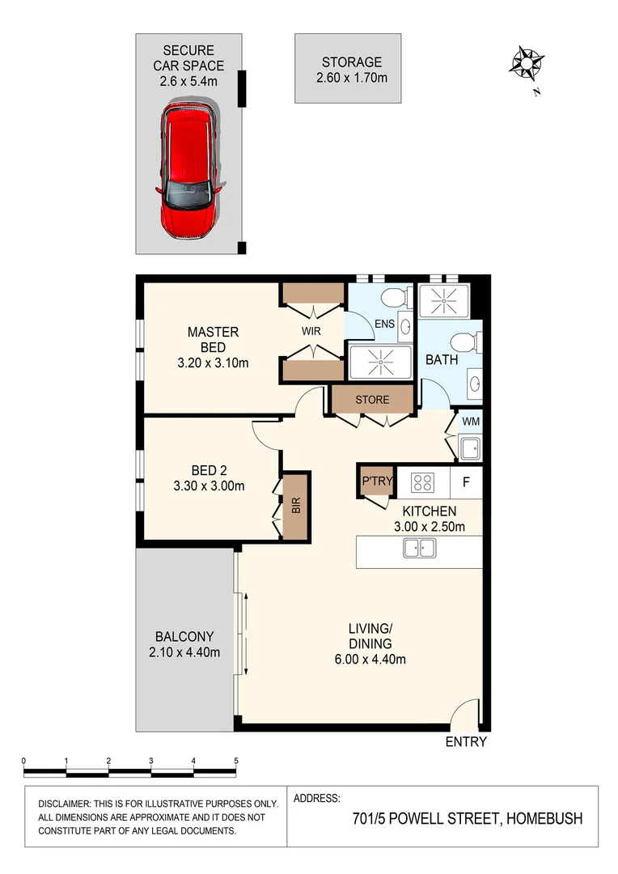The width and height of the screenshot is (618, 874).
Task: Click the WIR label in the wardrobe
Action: coord(312,331)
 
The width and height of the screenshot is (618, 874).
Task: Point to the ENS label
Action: coord(385,325)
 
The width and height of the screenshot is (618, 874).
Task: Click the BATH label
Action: coord(442,359)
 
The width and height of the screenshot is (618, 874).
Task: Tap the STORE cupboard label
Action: coord(372,400)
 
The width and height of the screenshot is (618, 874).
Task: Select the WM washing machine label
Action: coord(470,422)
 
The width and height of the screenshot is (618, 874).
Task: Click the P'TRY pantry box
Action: coord(376,482)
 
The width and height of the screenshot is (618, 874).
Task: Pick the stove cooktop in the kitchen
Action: coord(422,482)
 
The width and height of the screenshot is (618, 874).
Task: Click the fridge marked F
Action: coord(466,482)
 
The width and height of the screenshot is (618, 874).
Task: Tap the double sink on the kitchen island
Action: coord(419,549)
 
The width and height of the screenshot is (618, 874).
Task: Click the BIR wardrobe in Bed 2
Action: coord(296,507)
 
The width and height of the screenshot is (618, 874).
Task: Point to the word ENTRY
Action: coord(467,741)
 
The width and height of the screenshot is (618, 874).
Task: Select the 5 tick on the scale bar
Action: coord(236,762)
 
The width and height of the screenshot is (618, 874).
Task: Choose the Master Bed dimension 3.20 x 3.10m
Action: coord(213,363)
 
